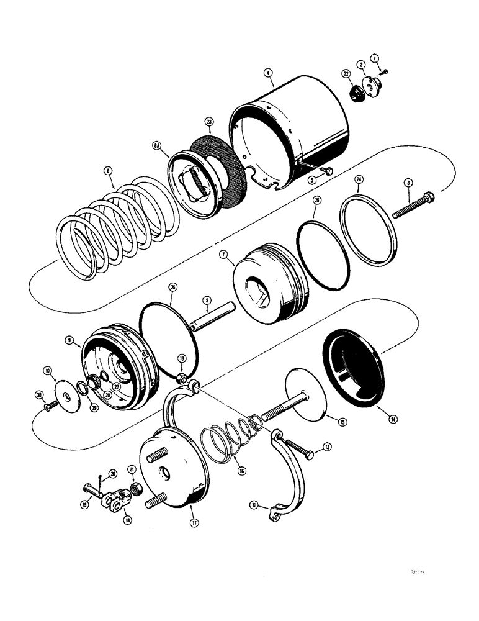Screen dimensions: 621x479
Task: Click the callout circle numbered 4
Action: (269, 73)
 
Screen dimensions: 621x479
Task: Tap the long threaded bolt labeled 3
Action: (412, 206)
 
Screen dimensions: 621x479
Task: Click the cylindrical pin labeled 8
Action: (211, 317)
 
